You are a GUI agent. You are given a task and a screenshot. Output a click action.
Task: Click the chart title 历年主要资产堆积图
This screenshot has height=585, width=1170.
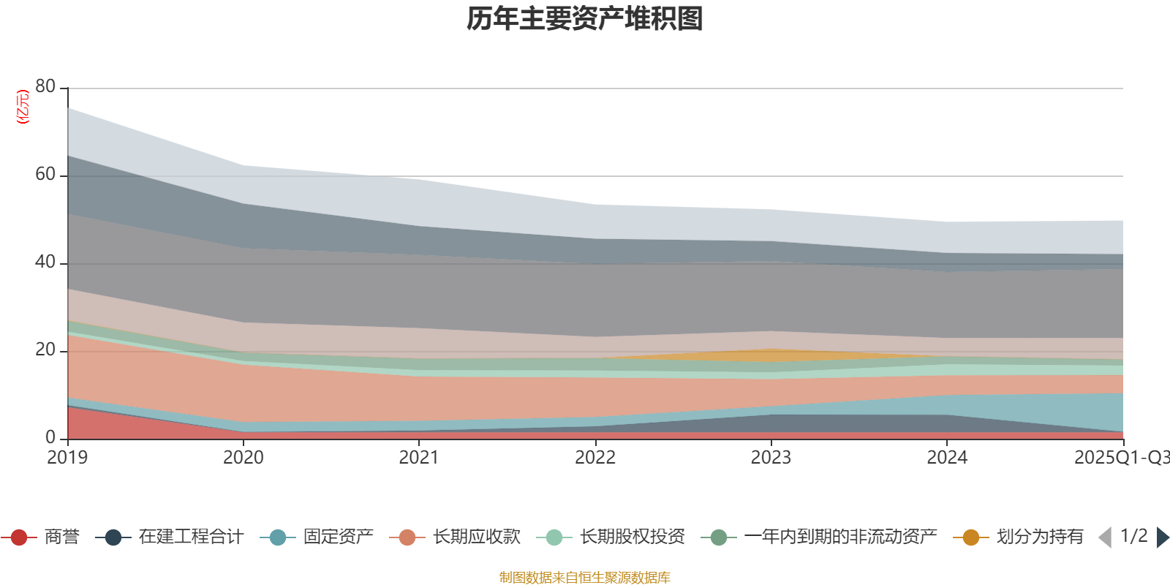coord(585,19)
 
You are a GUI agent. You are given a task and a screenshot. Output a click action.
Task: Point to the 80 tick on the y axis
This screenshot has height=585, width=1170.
coord(45,86)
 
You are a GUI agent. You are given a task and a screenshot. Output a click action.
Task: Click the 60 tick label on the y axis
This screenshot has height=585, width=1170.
coord(45,174)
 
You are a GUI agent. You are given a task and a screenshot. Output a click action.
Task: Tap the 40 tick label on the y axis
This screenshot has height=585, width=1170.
coord(45,262)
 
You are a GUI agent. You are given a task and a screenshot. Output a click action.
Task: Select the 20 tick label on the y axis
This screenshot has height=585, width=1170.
coord(45,350)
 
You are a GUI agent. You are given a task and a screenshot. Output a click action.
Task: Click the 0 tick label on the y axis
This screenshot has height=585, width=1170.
coord(50,437)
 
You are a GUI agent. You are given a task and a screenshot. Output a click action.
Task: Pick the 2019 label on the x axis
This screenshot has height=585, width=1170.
coord(67,458)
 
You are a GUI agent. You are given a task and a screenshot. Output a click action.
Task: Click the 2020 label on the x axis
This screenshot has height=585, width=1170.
coord(244,458)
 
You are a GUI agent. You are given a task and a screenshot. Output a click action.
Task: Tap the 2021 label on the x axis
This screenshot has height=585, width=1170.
coord(419,458)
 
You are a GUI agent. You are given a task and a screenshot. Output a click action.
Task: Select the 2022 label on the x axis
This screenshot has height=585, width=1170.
coord(595,458)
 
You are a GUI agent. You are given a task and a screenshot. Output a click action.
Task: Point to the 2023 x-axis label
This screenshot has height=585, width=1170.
coord(771,458)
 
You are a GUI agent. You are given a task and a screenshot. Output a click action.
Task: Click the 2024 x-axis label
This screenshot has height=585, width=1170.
coord(947,458)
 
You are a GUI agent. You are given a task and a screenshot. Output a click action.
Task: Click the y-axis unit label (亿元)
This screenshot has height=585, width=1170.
coord(23,107)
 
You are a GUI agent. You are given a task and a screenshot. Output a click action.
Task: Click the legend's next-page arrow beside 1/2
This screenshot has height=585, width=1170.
coord(1162,537)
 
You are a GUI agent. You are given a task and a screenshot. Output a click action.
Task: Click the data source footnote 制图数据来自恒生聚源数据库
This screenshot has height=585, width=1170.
coord(585,578)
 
